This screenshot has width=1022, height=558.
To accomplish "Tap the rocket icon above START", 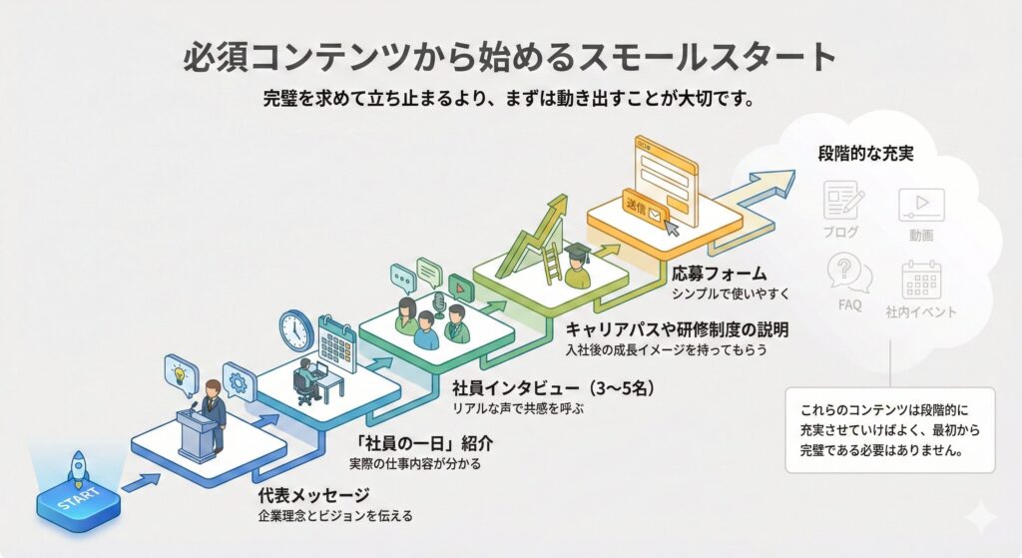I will (77, 466).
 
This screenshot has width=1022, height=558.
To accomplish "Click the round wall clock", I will (296, 329).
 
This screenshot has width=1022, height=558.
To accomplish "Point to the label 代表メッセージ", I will (299, 495).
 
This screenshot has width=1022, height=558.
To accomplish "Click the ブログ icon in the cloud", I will (841, 202).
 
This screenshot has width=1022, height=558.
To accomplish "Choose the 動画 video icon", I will (921, 206).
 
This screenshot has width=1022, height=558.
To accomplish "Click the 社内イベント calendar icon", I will (921, 279).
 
